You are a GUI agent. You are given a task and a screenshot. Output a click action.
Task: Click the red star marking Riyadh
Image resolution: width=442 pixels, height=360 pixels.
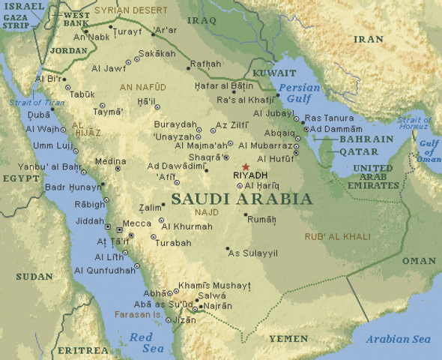pos(245,167)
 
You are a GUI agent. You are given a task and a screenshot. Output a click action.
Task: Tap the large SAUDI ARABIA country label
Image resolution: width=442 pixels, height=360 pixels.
pos(241,199)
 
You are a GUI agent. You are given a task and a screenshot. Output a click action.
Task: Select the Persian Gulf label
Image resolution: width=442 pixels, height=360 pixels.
pos(299,93)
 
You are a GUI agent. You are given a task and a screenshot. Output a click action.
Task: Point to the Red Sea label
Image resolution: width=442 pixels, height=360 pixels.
pos(141,343)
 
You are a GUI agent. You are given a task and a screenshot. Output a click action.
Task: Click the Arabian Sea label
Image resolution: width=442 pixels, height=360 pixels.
pos(398,339)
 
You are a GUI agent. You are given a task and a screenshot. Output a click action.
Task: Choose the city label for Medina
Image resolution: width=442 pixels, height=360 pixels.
pos(110,160)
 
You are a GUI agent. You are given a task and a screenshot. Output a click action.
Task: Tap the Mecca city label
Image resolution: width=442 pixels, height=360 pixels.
pos(137,223)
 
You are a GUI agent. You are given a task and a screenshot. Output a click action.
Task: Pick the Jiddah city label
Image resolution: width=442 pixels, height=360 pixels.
pos(91,221)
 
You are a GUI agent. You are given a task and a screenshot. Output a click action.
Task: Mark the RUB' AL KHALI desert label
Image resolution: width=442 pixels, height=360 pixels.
pos(337,237)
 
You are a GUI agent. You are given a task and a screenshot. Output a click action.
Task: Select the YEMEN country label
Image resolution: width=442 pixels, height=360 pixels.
pos(288,338)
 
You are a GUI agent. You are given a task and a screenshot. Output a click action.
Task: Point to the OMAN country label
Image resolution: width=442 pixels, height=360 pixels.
pos(418,260)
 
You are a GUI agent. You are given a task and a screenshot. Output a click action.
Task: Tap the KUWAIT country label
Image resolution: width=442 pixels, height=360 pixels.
pos(274,73)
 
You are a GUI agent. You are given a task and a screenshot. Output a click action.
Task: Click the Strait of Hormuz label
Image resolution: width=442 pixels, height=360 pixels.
pos(414,124)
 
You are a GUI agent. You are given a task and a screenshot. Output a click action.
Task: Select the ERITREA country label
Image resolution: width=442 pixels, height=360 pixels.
pos(82,350)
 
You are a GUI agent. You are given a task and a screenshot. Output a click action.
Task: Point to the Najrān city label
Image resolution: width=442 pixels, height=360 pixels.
pos(217,306)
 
